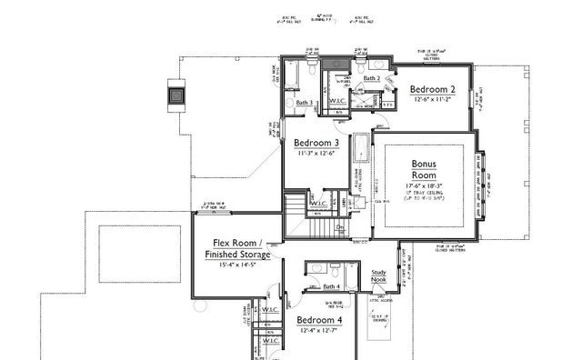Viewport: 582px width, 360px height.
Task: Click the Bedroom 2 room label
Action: (x=432, y=89)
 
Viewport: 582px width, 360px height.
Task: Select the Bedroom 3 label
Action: (x=317, y=144)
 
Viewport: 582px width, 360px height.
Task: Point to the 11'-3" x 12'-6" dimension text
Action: (x=317, y=155)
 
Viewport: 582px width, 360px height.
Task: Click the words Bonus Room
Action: (x=425, y=169)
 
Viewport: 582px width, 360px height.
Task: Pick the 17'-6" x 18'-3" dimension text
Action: (x=425, y=186)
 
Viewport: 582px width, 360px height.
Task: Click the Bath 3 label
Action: (x=304, y=104)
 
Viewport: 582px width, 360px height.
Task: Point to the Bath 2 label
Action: (x=371, y=79)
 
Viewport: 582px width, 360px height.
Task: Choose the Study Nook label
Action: (x=379, y=276)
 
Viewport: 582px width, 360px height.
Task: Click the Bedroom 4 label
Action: (x=319, y=321)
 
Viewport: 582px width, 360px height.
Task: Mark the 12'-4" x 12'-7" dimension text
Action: (x=319, y=332)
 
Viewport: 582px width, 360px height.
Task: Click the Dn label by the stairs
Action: (x=339, y=227)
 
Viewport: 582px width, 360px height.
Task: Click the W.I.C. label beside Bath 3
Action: (x=336, y=101)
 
